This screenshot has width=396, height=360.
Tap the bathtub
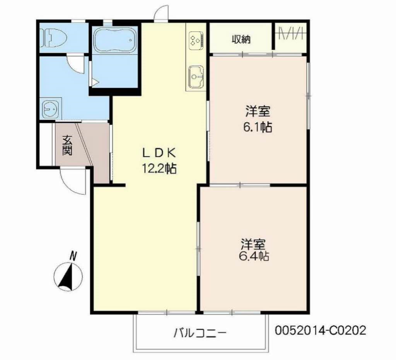(115, 39)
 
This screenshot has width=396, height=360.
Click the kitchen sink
(196, 76)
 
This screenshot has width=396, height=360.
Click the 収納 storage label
(241, 39)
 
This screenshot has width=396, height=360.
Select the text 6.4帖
(254, 256)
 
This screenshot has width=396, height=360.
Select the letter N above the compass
(73, 255)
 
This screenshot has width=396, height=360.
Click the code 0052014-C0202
(320, 330)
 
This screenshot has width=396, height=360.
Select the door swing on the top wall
(160, 13)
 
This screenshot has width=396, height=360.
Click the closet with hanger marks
(290, 37)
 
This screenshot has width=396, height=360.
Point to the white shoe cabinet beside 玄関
(46, 144)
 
